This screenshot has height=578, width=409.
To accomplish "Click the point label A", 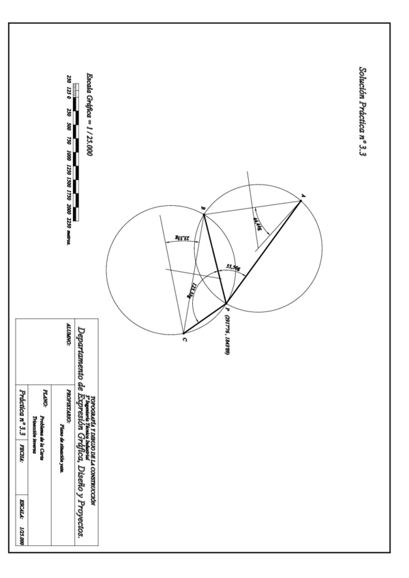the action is coord(303,196).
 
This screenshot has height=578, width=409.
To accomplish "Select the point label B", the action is coord(202,209).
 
